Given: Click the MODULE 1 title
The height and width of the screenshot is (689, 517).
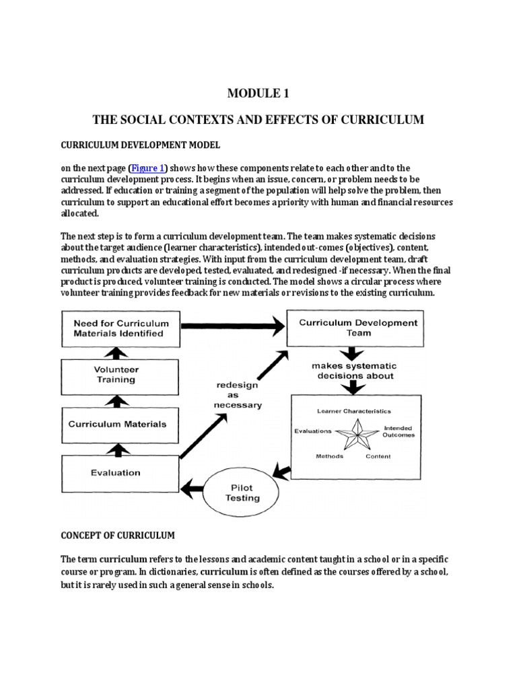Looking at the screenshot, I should (x=258, y=93).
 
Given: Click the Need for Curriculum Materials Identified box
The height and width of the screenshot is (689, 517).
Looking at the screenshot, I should (x=118, y=328).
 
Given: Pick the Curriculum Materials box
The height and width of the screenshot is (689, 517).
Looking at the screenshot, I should (x=117, y=424).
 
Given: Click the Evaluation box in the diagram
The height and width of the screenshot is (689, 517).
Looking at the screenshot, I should (x=116, y=473).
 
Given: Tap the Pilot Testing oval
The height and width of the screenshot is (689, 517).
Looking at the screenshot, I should (x=242, y=493).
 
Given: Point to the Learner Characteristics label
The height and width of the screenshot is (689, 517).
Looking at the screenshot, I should (x=353, y=411).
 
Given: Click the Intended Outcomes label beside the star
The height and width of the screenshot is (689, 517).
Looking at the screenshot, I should (x=399, y=431).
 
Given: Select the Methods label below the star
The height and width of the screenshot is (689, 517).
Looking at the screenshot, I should (x=329, y=456).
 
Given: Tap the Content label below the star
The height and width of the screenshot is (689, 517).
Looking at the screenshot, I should (x=378, y=456).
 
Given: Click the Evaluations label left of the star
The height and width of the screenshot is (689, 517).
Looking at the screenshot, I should (x=313, y=431).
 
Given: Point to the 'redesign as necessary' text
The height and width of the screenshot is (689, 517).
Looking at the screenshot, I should (x=238, y=395).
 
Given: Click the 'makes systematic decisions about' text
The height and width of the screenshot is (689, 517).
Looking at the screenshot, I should (x=353, y=371).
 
